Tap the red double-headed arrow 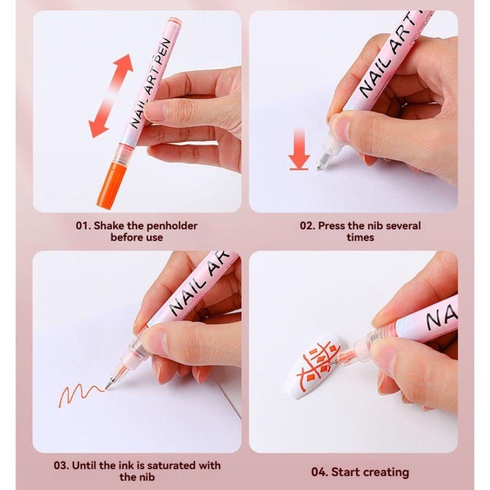[111, 96]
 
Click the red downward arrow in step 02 [299, 150]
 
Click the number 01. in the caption [83, 226]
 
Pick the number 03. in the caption [62, 465]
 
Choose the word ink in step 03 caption [121, 465]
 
